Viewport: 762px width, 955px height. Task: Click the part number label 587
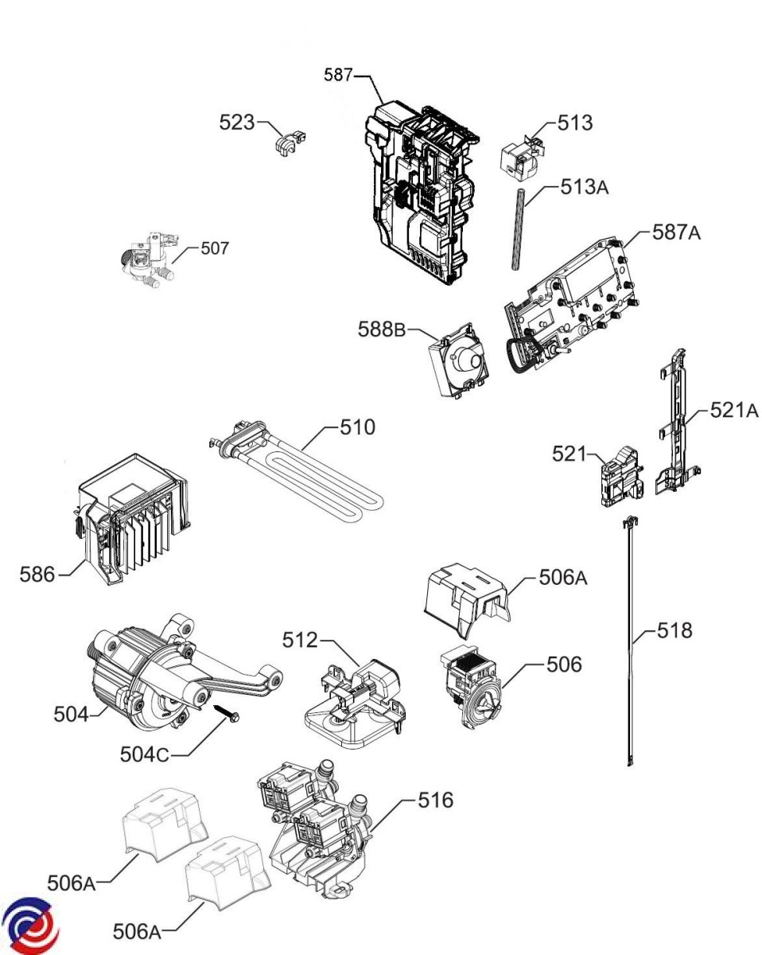[x=337, y=75]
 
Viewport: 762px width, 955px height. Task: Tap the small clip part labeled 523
[x=290, y=143]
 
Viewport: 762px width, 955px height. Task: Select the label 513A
[x=584, y=187]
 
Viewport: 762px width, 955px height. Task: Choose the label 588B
[x=382, y=329]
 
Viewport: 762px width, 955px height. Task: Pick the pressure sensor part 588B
[x=459, y=361]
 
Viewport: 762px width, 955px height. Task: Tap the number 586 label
[x=37, y=575]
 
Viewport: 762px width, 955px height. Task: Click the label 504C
[x=145, y=754]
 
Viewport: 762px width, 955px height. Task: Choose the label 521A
[x=734, y=410]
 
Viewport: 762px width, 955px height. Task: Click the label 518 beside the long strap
[x=675, y=630]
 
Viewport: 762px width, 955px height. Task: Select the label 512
[x=301, y=640]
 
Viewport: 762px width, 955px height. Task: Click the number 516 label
[x=436, y=800]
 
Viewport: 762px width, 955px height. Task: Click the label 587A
[x=676, y=232]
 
